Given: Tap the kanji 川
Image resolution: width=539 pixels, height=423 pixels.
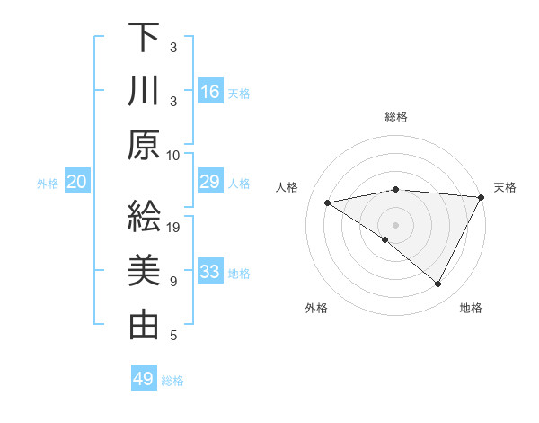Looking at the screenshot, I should pos(144,92).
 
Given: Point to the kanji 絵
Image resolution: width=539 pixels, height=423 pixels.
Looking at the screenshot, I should pos(144,217).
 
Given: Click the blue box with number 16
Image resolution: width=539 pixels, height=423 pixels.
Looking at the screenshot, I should pos(210,92).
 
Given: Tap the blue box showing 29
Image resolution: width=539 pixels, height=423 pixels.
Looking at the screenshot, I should pos(210,183).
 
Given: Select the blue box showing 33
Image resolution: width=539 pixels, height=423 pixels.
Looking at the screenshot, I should pos(210,272).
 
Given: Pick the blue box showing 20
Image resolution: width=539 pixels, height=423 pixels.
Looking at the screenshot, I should pos(77,183).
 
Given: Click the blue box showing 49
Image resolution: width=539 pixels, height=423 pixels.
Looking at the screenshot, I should pos(144,379).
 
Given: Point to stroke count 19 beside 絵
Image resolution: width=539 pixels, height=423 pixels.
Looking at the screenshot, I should pos(174,228).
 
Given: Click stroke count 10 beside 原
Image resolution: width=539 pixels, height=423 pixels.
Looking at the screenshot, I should pos(174,155).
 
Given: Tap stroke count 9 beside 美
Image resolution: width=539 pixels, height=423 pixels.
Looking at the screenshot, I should pos(173,282).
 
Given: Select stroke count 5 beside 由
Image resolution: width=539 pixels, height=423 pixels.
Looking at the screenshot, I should pos(173,336).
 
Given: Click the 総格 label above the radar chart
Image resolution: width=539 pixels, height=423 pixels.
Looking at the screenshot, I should pos(396,117).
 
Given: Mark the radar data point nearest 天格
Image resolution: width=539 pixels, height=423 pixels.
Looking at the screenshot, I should pos(482,197).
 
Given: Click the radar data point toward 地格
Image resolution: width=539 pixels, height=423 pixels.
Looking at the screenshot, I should pos(438,284).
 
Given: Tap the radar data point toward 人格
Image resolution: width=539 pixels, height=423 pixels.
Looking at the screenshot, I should pos(328,202).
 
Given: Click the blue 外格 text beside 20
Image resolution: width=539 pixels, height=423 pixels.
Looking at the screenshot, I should pos(48,184).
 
